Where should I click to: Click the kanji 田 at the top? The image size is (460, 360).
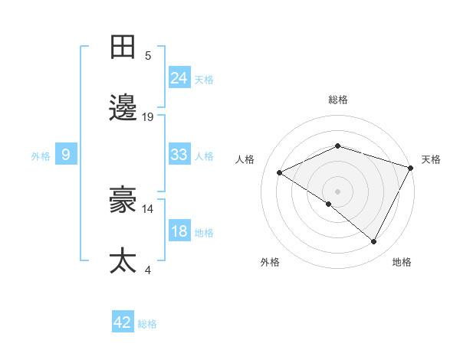(x=123, y=47)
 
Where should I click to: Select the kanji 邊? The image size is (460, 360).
(x=123, y=108)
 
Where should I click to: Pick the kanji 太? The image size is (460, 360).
(x=123, y=260)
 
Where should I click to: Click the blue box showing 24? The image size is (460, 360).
(x=179, y=78)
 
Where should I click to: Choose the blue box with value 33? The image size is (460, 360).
(x=179, y=155)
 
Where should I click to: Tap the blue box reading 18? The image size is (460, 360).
(x=179, y=231)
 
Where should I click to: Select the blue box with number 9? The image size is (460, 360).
(x=66, y=155)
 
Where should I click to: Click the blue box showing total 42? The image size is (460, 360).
(x=123, y=322)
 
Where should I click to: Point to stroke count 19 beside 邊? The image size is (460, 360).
(x=148, y=117)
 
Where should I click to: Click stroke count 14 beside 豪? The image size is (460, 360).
(x=148, y=208)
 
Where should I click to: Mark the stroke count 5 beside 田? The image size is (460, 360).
(x=148, y=56)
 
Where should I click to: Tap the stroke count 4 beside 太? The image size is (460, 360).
(x=148, y=270)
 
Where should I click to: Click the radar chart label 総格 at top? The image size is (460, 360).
(x=338, y=100)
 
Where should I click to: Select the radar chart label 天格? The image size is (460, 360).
(x=432, y=159)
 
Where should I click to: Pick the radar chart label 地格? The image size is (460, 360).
(x=402, y=262)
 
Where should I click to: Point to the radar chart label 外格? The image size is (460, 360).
(x=270, y=262)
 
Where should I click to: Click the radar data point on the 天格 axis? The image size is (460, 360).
(x=412, y=168)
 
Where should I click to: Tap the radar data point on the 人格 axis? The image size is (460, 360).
(x=280, y=172)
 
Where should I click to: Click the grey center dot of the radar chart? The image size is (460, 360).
(x=338, y=191)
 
